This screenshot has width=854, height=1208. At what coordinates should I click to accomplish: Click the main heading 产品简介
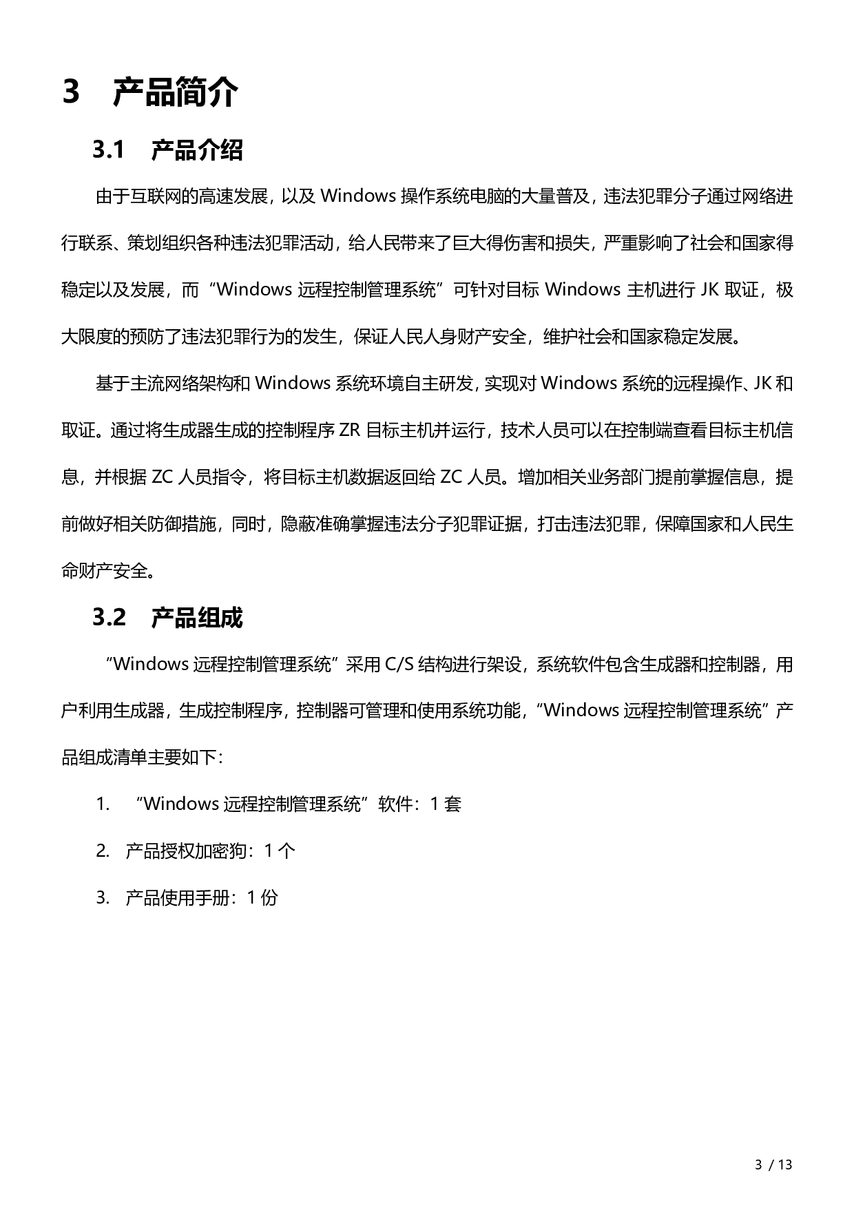click(x=176, y=92)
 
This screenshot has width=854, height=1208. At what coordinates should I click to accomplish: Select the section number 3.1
click(x=108, y=149)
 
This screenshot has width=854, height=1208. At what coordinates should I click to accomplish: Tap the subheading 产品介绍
click(x=197, y=149)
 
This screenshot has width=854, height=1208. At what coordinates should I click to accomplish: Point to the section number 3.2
click(x=110, y=618)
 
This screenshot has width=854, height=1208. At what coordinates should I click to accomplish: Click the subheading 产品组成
click(x=197, y=618)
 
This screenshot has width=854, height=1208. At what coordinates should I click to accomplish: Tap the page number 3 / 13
click(x=774, y=1165)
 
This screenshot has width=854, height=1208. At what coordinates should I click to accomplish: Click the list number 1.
click(x=103, y=804)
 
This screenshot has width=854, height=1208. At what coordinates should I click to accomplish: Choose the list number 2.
click(x=103, y=851)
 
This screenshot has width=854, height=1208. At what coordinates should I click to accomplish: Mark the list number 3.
click(x=103, y=897)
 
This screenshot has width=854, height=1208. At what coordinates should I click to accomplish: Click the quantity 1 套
click(x=446, y=804)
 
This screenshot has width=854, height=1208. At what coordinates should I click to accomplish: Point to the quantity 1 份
click(x=262, y=897)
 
